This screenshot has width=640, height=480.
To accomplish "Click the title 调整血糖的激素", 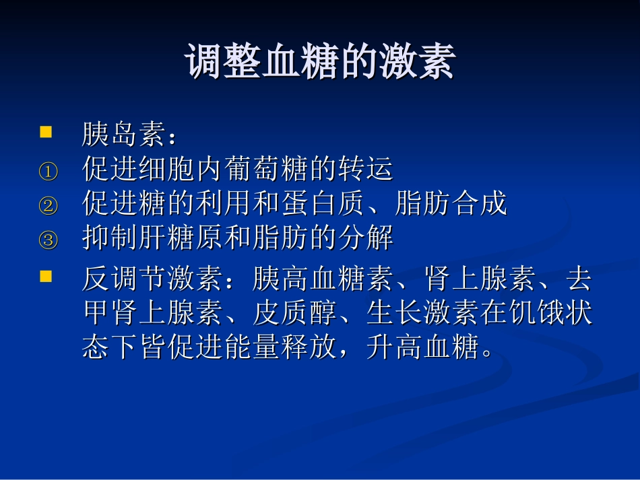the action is pyautogui.click(x=320, y=61).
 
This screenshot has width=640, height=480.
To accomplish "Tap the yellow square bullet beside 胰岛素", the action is pyautogui.click(x=46, y=132).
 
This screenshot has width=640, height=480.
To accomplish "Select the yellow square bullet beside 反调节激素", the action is pyautogui.click(x=46, y=276).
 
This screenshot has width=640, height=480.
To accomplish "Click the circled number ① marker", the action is pyautogui.click(x=48, y=172).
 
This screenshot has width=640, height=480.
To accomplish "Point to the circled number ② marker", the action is pyautogui.click(x=48, y=205).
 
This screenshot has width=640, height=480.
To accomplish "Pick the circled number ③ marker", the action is pyautogui.click(x=48, y=240).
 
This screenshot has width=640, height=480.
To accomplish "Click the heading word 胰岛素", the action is pyautogui.click(x=124, y=134).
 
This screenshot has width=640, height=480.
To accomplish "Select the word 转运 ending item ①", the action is pyautogui.click(x=366, y=168).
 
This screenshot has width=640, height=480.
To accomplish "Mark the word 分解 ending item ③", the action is pyautogui.click(x=366, y=237).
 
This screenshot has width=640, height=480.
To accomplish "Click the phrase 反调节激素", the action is pyautogui.click(x=153, y=279).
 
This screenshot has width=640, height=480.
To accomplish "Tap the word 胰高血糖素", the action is pyautogui.click(x=323, y=279).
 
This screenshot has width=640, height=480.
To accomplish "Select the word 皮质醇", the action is pyautogui.click(x=294, y=313).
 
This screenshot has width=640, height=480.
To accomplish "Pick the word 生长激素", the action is pyautogui.click(x=422, y=313).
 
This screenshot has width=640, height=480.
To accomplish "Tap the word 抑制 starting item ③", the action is pyautogui.click(x=110, y=237).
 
